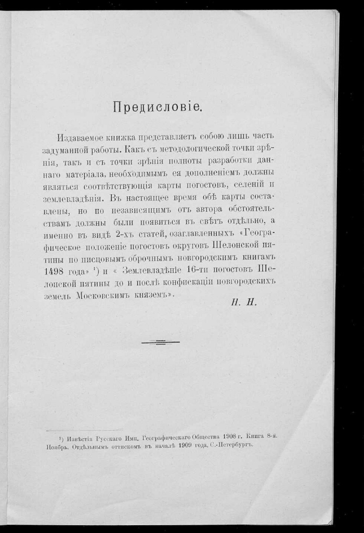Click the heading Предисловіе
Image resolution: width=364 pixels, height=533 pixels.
(x=157, y=107)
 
